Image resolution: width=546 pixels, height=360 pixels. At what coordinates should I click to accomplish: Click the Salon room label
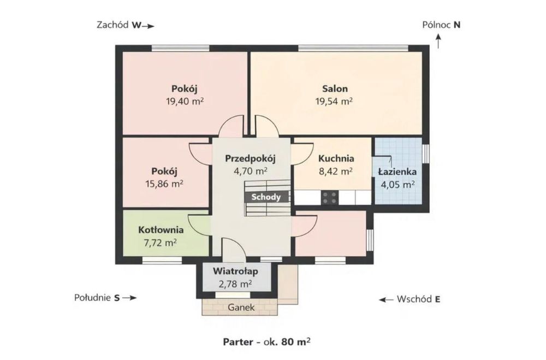click(335, 88)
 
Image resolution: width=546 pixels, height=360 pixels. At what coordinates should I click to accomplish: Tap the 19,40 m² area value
click(185, 102)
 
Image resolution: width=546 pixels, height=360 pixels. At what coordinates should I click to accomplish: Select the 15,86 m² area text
click(164, 184)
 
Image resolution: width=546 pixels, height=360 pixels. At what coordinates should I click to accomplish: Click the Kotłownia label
click(161, 230)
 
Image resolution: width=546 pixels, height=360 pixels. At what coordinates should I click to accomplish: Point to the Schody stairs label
click(266, 197)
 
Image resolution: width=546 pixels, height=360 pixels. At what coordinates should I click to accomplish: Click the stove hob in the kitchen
click(329, 198)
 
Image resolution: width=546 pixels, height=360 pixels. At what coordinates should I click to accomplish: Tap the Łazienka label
click(397, 172)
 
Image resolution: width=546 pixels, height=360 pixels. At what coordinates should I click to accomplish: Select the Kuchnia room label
click(336, 158)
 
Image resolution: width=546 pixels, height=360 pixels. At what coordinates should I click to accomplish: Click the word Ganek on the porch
click(241, 308)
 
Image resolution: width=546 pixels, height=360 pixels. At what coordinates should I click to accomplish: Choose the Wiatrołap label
click(235, 271)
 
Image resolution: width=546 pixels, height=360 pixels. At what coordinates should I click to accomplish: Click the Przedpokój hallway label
click(250, 158)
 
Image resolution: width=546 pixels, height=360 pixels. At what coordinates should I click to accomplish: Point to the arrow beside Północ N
click(438, 41)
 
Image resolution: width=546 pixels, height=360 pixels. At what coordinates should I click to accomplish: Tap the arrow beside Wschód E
click(386, 299)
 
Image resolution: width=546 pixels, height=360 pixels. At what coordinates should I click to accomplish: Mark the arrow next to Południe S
click(129, 298)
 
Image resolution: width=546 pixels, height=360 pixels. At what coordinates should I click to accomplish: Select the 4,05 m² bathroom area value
click(397, 184)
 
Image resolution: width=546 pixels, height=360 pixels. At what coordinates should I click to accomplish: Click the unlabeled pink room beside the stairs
click(330, 233)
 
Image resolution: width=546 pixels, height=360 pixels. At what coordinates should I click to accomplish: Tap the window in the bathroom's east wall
click(425, 153)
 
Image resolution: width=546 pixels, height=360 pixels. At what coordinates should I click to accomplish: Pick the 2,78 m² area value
click(235, 284)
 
